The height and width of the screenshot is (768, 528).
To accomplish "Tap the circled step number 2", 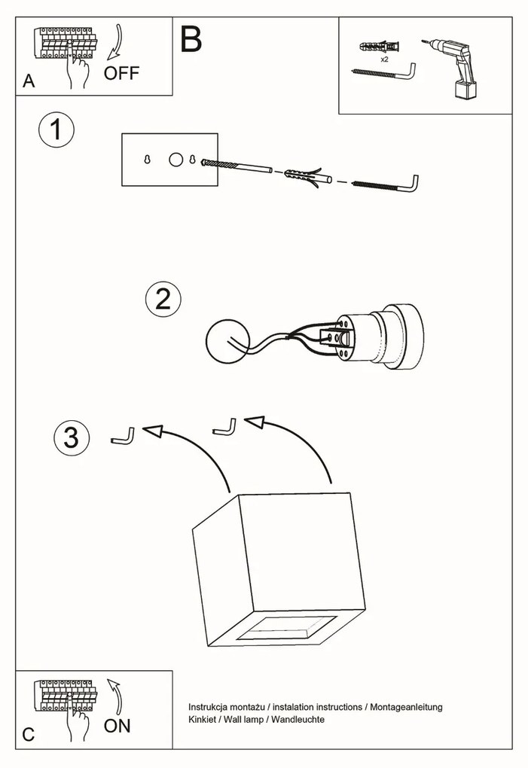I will pyautogui.click(x=163, y=300).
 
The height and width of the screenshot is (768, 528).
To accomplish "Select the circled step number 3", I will pyautogui.click(x=72, y=437).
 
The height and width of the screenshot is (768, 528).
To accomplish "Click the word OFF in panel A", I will pyautogui.click(x=122, y=74).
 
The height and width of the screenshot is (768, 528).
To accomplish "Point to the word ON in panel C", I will pyautogui.click(x=117, y=726).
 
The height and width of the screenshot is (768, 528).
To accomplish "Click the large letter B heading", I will pyautogui.click(x=191, y=40).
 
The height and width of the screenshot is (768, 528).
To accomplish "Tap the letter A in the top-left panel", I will pyautogui.click(x=29, y=81).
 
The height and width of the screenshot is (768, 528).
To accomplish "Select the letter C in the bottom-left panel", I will pyautogui.click(x=29, y=735).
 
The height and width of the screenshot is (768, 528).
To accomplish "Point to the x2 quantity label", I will pyautogui.click(x=384, y=58).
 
